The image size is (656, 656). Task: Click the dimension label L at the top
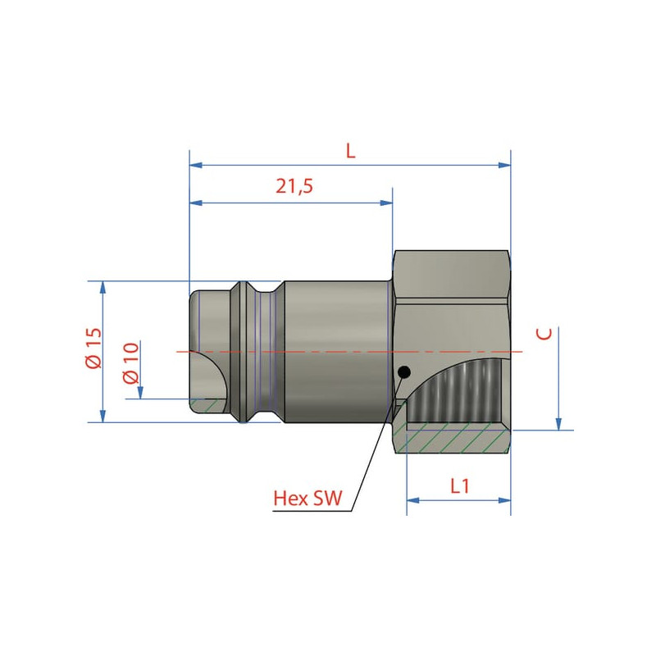coord(351,150)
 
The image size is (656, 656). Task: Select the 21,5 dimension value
coord(294,186)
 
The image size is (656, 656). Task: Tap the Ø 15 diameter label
coord(94,348)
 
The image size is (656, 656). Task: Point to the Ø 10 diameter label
coord(131,363)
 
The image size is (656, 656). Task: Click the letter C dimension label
coord(544,334)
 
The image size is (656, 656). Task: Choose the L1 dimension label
coord(460,486)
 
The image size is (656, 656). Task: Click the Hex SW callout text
coord(307,499)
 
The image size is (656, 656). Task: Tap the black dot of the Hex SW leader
coord(404,371)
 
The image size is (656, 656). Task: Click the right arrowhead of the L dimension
coord(504,166)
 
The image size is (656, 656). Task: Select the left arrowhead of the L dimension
coord(196,166)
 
